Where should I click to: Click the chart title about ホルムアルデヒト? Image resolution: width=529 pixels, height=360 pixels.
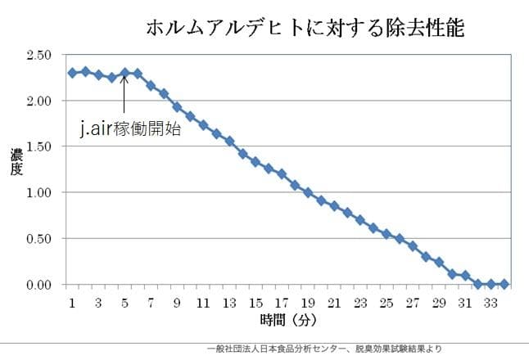coord(305,29)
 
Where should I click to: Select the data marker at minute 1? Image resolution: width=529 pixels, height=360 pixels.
coord(72,73)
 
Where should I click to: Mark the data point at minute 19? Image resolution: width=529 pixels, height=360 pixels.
coord(308,193)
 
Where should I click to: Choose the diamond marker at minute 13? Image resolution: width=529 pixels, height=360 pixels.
coord(229,141)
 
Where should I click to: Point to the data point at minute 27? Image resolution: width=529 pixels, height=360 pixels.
coord(413,245)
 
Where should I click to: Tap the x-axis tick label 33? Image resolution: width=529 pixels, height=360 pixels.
coord(491,302)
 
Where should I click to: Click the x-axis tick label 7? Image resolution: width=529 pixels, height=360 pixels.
coord(151,302)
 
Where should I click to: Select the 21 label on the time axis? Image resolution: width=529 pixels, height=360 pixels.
coord(333,302)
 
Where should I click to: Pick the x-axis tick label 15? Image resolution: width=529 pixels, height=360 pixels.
coord(255,302)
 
